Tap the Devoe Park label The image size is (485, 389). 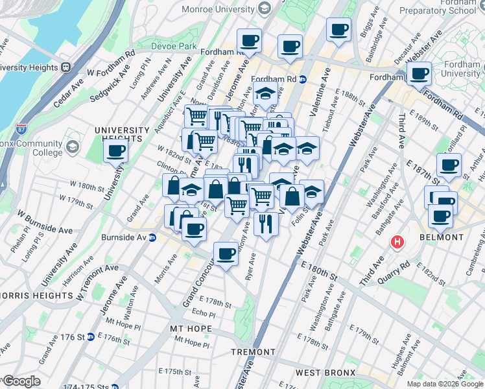(x=173, y=47)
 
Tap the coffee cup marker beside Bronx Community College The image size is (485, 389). (x=116, y=152)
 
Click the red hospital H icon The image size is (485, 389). (x=397, y=242)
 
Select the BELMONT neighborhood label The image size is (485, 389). (x=442, y=237)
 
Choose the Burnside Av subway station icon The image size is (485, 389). (x=152, y=237)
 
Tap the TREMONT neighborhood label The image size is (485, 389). (x=254, y=352)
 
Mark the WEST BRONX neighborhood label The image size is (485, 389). (x=325, y=372)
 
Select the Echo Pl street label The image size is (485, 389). (x=203, y=314)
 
